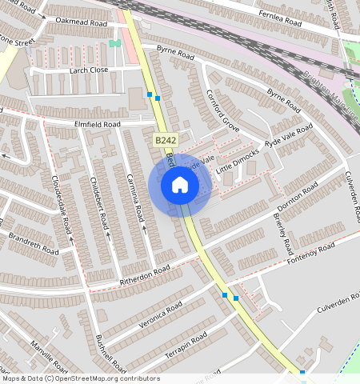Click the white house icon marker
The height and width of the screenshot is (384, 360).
click(x=180, y=186)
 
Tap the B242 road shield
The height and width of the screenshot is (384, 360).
click(x=165, y=140)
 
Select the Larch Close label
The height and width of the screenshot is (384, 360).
click(x=88, y=70)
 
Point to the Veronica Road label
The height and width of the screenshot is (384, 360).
click(x=160, y=314)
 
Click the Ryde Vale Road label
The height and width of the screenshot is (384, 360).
click(x=289, y=137)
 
